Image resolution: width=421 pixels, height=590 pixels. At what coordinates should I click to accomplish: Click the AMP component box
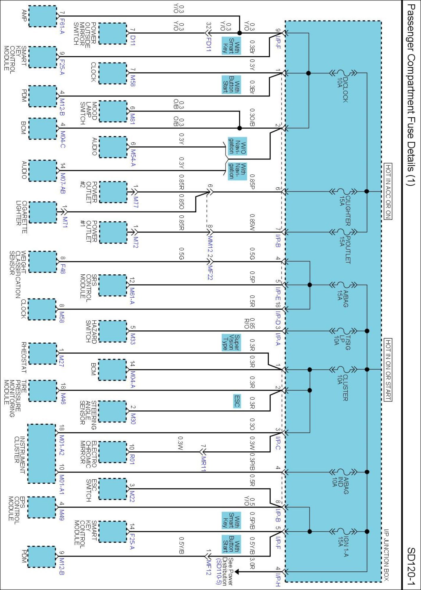pos(42,16)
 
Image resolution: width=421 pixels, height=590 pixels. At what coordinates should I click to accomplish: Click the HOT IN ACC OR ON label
pos(388,191)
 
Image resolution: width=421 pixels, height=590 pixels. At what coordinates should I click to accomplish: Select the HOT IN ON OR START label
pos(388,370)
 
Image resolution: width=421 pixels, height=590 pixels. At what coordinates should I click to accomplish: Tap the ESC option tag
pos(237,401)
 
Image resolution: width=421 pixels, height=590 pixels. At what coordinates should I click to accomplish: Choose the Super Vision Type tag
pos(231,342)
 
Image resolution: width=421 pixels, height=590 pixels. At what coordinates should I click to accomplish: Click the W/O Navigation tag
pos(237,146)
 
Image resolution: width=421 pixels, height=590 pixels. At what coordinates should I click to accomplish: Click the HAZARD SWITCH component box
pos(113,331)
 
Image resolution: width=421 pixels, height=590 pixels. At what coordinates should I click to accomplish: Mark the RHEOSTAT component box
pos(42,353)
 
